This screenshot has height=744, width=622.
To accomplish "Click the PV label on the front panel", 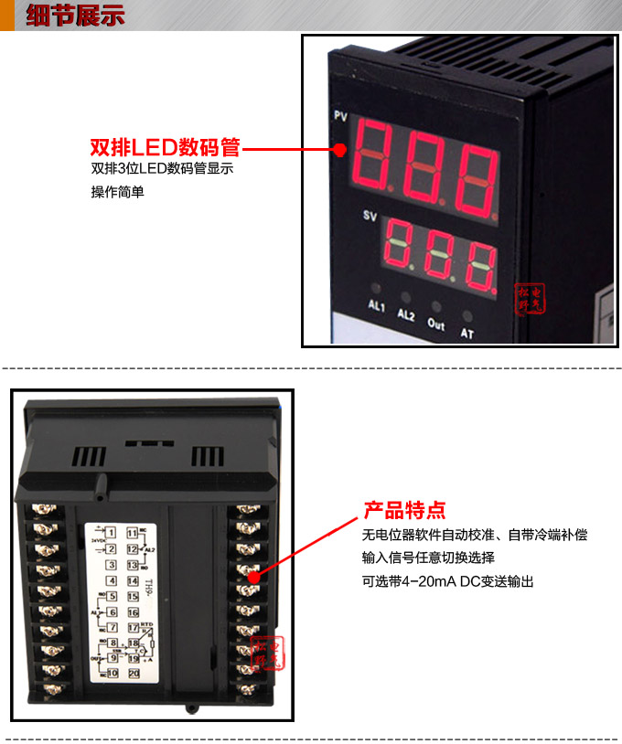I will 340,117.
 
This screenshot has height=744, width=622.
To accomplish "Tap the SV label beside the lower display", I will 370,216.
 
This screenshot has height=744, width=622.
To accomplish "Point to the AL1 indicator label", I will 377,305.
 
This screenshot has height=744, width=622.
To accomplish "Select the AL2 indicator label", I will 407,314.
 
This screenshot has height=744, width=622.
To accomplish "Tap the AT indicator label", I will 466,333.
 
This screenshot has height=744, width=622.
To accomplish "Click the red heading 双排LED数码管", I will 165,148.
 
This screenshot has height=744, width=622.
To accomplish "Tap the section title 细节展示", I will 75,16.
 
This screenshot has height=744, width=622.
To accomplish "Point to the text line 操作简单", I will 117,192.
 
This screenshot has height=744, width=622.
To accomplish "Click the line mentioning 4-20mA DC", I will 447,581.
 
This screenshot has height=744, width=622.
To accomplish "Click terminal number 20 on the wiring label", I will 133,674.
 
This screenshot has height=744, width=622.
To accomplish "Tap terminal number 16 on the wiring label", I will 133,611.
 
